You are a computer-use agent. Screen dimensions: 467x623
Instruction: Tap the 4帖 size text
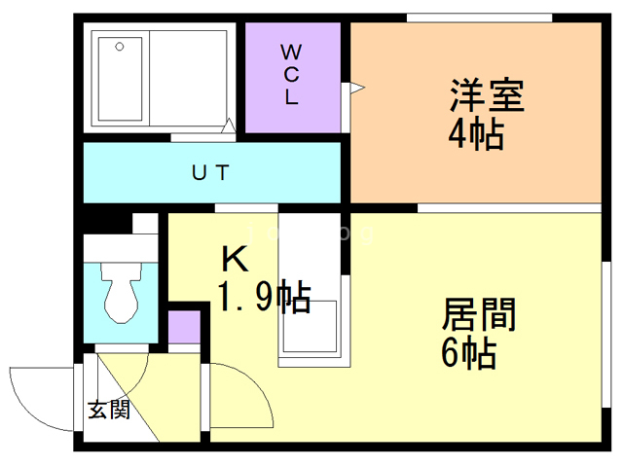pyautogui.click(x=476, y=133)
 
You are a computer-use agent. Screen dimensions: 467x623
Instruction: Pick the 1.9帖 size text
pyautogui.click(x=263, y=296)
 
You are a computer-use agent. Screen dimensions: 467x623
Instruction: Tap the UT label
pyautogui.click(x=209, y=174)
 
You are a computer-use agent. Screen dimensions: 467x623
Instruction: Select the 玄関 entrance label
pyautogui.click(x=108, y=410)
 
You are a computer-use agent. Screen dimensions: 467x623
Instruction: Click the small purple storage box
pyautogui.click(x=183, y=329)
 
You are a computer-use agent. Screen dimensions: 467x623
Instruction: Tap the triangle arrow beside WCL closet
pyautogui.click(x=356, y=90)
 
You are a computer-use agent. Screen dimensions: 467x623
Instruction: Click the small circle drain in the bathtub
pyautogui.click(x=118, y=46)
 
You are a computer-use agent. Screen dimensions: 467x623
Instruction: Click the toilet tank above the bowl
pyautogui.click(x=121, y=249)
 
